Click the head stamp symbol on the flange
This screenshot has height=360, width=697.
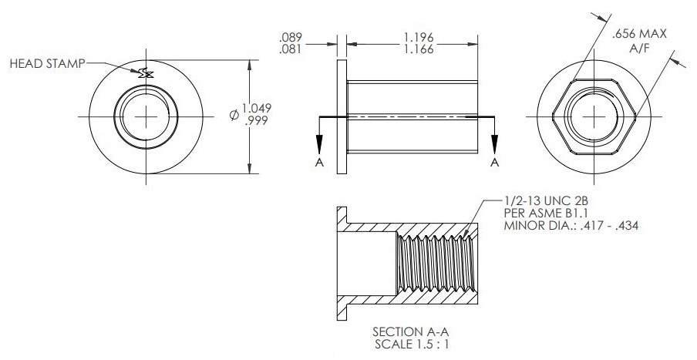[144, 73]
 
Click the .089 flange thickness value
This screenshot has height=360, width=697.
[291, 36]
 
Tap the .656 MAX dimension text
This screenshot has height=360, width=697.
[638, 35]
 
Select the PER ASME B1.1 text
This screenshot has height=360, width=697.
[539, 212]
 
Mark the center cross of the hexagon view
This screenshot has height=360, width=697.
[594, 116]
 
